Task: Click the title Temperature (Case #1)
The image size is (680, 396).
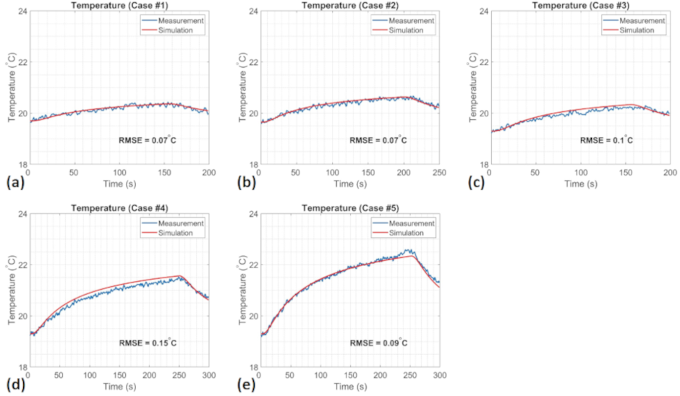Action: (x=118, y=5)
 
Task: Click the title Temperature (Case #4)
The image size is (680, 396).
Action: (x=118, y=208)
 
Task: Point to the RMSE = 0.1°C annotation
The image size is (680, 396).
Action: (x=606, y=139)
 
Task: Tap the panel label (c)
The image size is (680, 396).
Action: (x=476, y=183)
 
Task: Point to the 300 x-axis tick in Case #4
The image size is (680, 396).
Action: (x=208, y=376)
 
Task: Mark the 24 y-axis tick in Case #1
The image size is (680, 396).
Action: (x=22, y=12)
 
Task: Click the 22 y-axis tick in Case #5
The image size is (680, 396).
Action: (x=252, y=265)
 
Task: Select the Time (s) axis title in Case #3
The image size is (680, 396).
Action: (x=580, y=184)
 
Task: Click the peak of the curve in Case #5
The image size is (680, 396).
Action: (x=410, y=250)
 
